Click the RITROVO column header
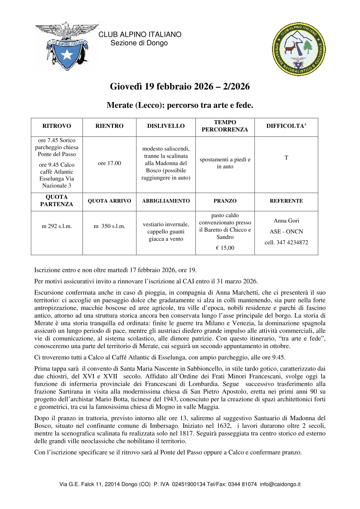[x=57, y=126]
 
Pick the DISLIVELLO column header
[x=165, y=126]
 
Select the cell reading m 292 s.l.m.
[x=57, y=225]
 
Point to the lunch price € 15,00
[x=225, y=247]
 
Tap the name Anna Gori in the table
[x=286, y=221]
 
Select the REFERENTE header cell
[x=286, y=201]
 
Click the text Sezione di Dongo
[x=139, y=43]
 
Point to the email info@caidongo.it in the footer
[x=280, y=484]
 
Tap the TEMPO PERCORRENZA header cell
[x=225, y=126]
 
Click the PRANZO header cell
[x=225, y=201]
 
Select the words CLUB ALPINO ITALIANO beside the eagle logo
[x=140, y=34]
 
